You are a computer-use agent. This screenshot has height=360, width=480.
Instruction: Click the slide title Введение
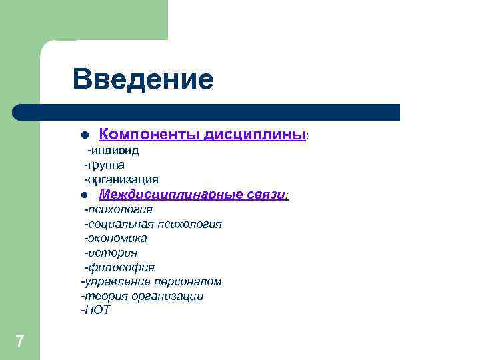143,79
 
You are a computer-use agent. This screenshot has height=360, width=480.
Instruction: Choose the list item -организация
121,179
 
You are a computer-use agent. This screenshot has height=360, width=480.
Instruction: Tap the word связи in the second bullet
265,195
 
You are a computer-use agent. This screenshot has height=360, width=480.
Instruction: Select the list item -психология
118,209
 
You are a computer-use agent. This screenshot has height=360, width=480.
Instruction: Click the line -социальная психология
153,224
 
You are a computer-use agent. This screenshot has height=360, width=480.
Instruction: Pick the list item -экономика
115,238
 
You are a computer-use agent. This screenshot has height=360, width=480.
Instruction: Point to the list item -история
110,253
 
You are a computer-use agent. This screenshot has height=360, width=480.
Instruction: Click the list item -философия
119,267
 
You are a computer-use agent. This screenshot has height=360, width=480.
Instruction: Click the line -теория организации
142,296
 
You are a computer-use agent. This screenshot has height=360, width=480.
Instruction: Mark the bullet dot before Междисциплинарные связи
85,195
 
